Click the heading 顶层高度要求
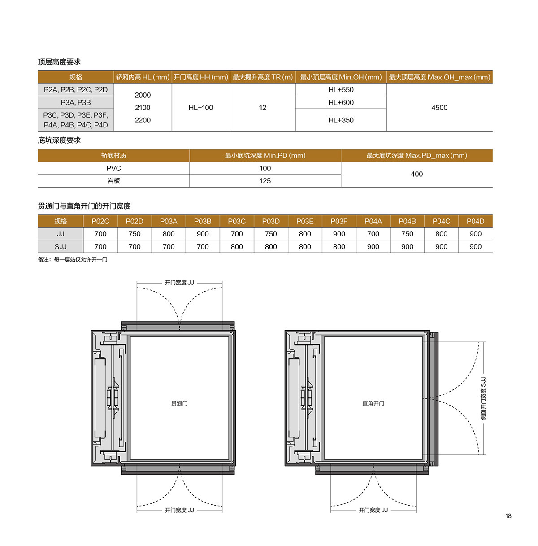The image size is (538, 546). (x=59, y=62)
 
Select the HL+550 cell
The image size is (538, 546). (x=341, y=90)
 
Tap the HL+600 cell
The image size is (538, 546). (x=341, y=102)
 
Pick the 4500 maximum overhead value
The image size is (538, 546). (x=439, y=108)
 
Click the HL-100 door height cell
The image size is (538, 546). (x=200, y=108)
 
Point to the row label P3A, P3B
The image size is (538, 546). (x=76, y=103)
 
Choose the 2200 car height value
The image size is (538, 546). (x=143, y=120)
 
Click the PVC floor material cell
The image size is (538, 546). (x=113, y=168)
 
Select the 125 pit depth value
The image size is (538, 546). (x=265, y=181)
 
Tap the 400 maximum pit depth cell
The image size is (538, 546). (x=417, y=174)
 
